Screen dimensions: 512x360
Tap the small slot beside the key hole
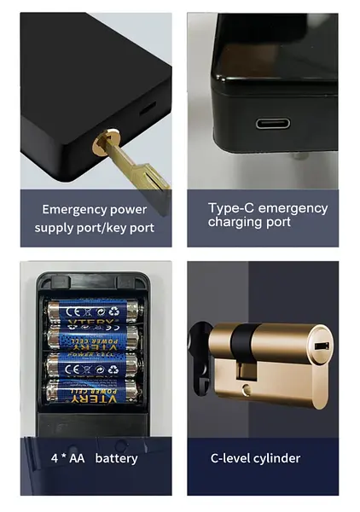coord(142,110)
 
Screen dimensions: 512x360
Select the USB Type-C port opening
coord(272,123)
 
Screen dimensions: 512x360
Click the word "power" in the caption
coord(127,209)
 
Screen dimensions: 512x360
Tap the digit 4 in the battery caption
coord(53,458)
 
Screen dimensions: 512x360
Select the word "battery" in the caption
coord(116,458)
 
